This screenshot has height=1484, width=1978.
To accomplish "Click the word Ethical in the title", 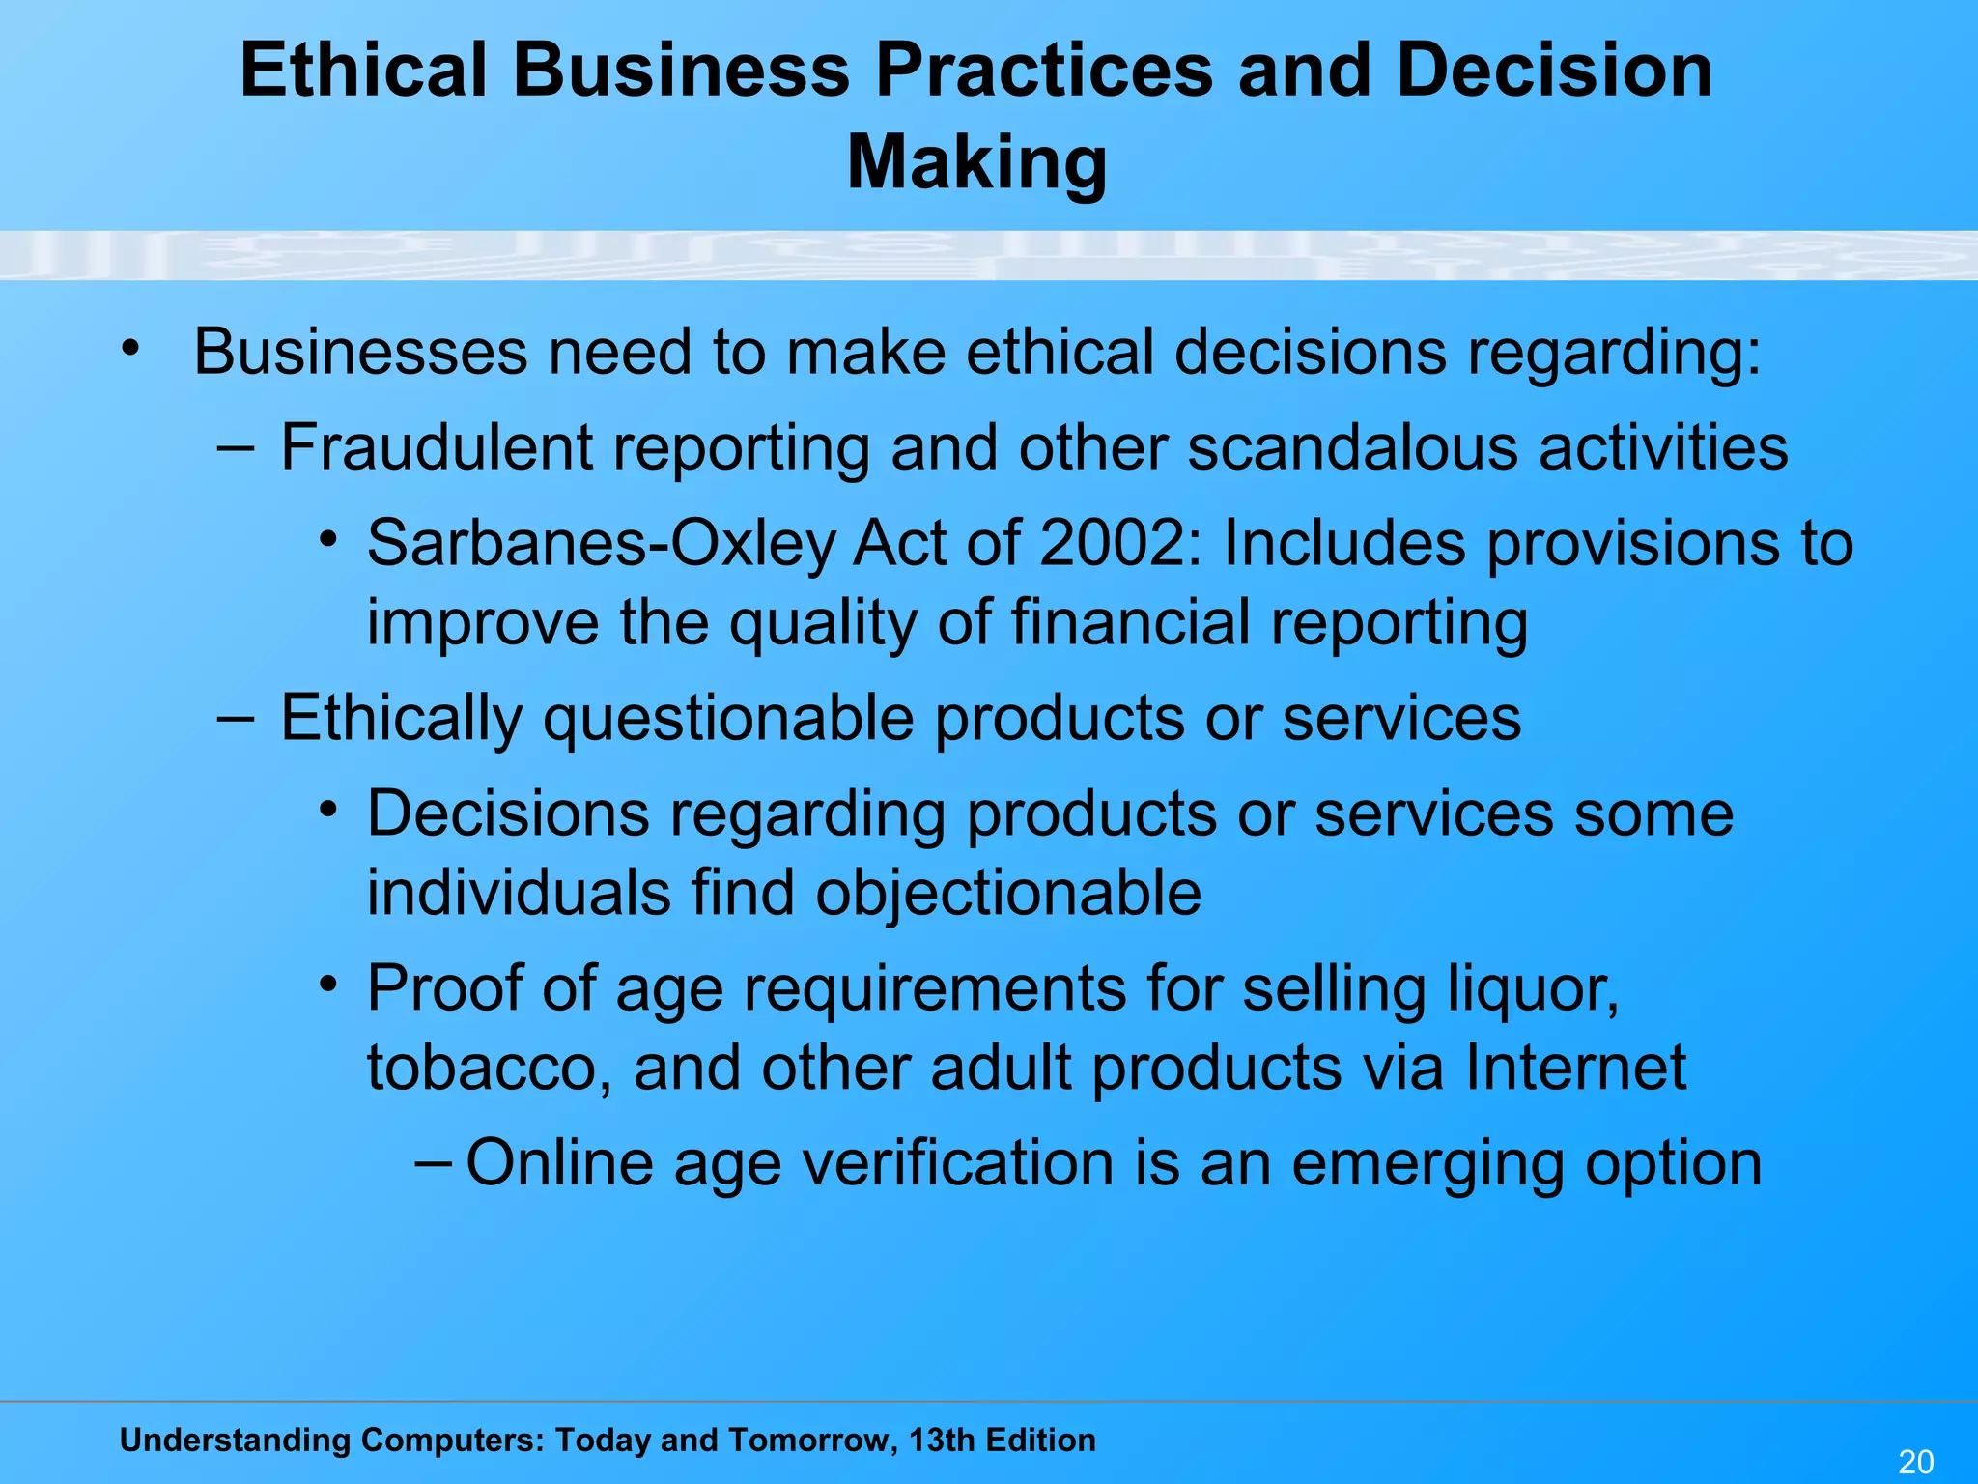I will tap(363, 71).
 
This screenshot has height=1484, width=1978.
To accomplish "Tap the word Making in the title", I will tap(976, 161).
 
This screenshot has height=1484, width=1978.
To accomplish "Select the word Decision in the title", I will tap(1554, 71).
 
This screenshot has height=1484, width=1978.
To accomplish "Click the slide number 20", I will tap(1915, 1462).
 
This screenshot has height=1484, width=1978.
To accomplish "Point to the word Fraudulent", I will tap(437, 447).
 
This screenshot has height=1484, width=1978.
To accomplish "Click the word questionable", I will tap(728, 719).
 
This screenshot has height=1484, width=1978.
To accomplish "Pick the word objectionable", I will tap(1008, 892).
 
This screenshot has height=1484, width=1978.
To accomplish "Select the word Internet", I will tap(1575, 1067).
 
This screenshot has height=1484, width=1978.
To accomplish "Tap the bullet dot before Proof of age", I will tap(329, 985).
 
